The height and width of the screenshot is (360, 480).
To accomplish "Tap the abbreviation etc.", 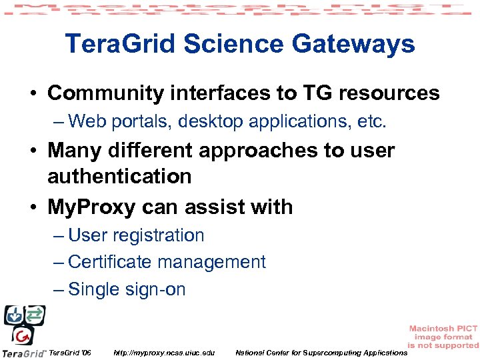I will (x=371, y=121).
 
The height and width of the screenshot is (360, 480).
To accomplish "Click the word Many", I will (x=73, y=151).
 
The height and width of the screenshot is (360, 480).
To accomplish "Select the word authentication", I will (x=119, y=177).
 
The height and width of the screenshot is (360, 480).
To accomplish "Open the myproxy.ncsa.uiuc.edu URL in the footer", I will (x=164, y=352).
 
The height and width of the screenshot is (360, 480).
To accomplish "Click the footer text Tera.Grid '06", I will (x=70, y=352).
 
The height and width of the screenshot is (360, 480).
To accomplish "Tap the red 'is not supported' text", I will (x=443, y=345).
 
